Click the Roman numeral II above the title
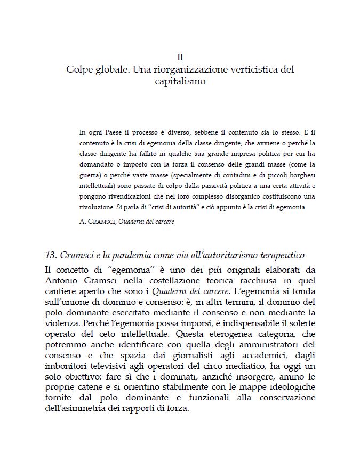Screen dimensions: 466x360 coord(180,57)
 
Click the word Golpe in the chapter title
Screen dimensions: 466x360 coord(79,69)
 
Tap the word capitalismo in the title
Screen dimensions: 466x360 coord(180,82)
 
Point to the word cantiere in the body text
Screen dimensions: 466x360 coord(62,291)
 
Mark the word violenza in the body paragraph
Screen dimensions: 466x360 coord(64,326)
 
